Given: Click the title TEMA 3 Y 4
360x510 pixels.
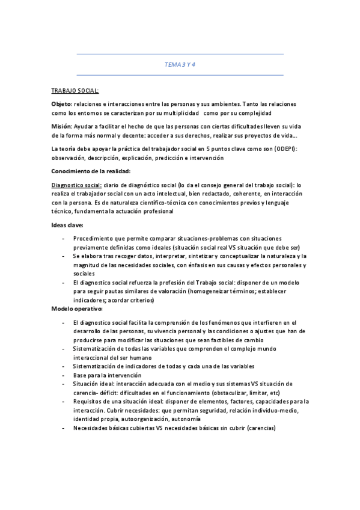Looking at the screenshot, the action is pyautogui.click(x=180, y=64).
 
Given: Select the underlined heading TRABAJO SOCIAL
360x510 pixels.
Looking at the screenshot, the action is pyautogui.click(x=75, y=91).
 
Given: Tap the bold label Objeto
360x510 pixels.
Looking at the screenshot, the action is pyautogui.click(x=61, y=104).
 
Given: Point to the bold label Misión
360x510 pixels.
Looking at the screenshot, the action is pyautogui.click(x=61, y=126).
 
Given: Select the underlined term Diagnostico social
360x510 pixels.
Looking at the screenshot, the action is pyautogui.click(x=76, y=185).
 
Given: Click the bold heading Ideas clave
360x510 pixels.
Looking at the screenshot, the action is pyautogui.click(x=67, y=224).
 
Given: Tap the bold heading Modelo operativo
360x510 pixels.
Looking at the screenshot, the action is pyautogui.click(x=76, y=309).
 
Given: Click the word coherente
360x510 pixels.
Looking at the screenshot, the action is pyautogui.click(x=238, y=194).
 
